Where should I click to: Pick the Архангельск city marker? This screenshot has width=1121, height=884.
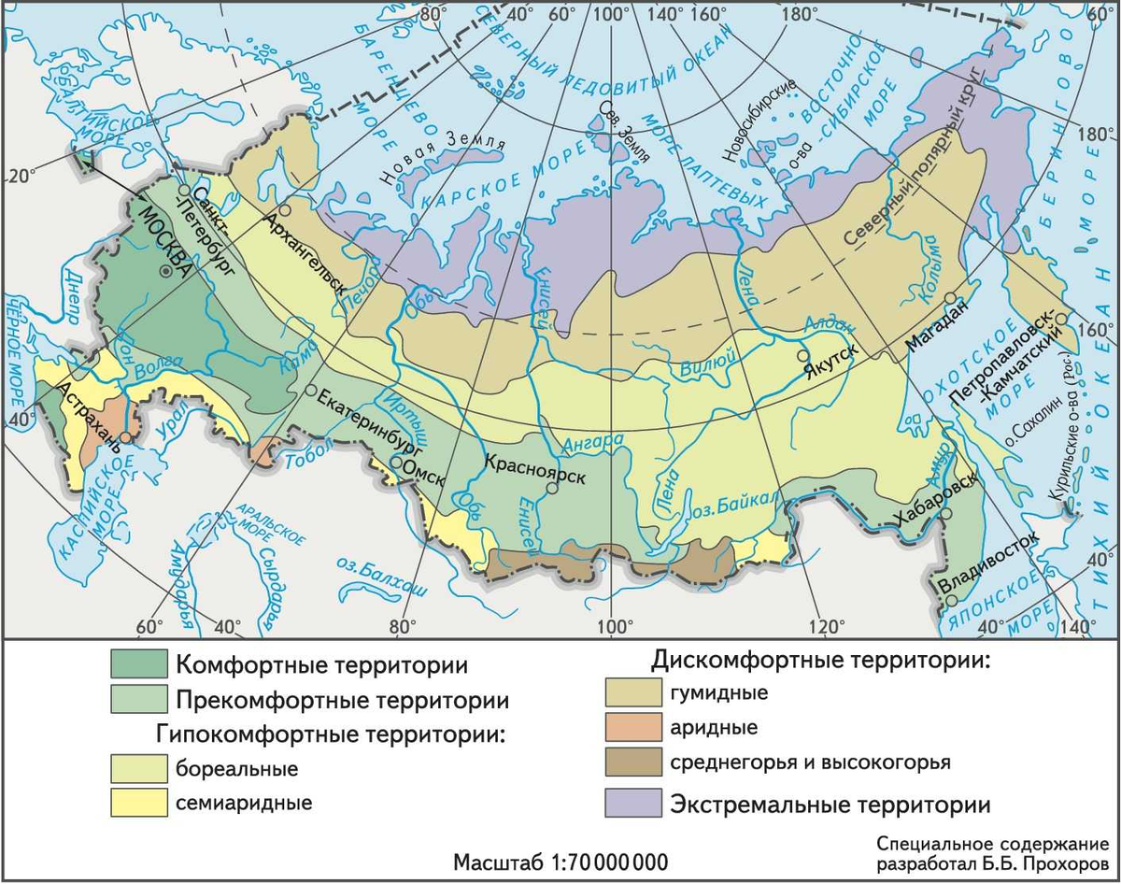285,212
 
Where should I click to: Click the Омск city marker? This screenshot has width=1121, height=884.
397,463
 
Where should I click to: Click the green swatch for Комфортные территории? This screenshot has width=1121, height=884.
138,664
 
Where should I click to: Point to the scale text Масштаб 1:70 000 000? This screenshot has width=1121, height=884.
560,860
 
